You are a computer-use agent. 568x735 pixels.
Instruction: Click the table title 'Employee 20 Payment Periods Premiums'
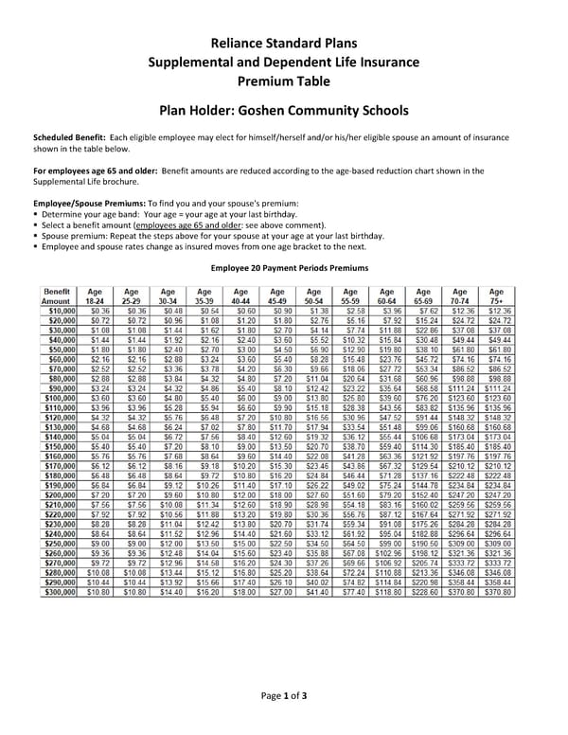coord(289,268)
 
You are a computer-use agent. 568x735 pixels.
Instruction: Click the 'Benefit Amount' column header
coord(56,296)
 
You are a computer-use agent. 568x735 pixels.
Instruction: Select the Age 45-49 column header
coord(276,296)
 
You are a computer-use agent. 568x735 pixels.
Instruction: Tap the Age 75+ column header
coord(496,296)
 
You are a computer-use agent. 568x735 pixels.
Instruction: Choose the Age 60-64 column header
coord(386,296)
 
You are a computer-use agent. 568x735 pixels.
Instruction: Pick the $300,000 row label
coord(58,592)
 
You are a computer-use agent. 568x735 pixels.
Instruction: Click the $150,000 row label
coord(58,446)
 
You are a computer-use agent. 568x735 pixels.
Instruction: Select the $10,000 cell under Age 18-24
coord(98,310)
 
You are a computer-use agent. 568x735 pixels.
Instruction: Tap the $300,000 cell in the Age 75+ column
coord(496,592)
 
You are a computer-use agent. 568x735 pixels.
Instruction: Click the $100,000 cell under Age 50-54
coord(314,398)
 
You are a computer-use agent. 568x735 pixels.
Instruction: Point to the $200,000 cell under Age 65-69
coord(423,495)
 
